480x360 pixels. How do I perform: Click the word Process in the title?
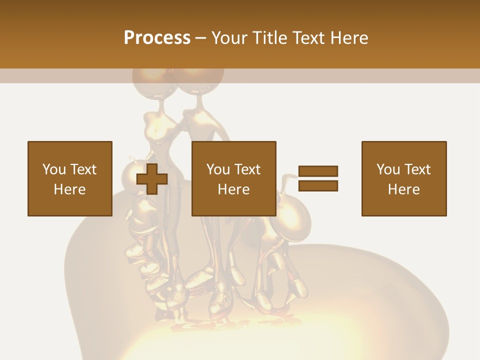click(x=157, y=38)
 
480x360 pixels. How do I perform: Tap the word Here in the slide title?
click(x=348, y=38)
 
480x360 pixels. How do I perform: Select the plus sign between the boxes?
click(x=152, y=179)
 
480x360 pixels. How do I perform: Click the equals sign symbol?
click(x=318, y=178)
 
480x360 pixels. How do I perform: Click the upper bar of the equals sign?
click(x=318, y=171)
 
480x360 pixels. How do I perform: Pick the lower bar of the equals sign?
click(x=318, y=186)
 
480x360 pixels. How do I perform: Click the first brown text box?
click(x=69, y=178)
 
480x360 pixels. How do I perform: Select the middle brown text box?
click(x=233, y=178)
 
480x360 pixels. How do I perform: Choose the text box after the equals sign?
click(x=403, y=178)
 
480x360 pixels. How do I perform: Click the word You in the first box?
click(x=53, y=169)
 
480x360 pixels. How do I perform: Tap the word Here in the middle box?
click(x=233, y=189)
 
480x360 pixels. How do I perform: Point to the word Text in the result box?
click(x=416, y=169)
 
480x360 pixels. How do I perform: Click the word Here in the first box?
click(x=69, y=189)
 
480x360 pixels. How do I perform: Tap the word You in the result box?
click(x=387, y=169)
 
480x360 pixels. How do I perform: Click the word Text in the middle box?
click(x=246, y=169)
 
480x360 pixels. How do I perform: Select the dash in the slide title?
click(x=201, y=38)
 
